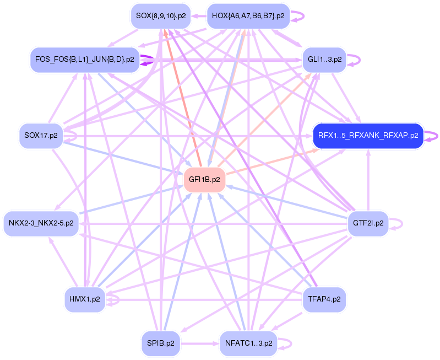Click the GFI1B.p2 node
[204, 180]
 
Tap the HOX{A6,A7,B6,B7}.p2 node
[248, 16]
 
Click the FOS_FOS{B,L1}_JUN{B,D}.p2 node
[84, 60]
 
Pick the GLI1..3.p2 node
[325, 59]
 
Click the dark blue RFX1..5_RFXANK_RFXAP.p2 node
[368, 135]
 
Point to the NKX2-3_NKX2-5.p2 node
[41, 224]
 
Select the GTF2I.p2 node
[368, 224]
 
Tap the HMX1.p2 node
[84, 299]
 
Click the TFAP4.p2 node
[325, 299]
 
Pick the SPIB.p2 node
[161, 343]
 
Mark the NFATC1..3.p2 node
[249, 343]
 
